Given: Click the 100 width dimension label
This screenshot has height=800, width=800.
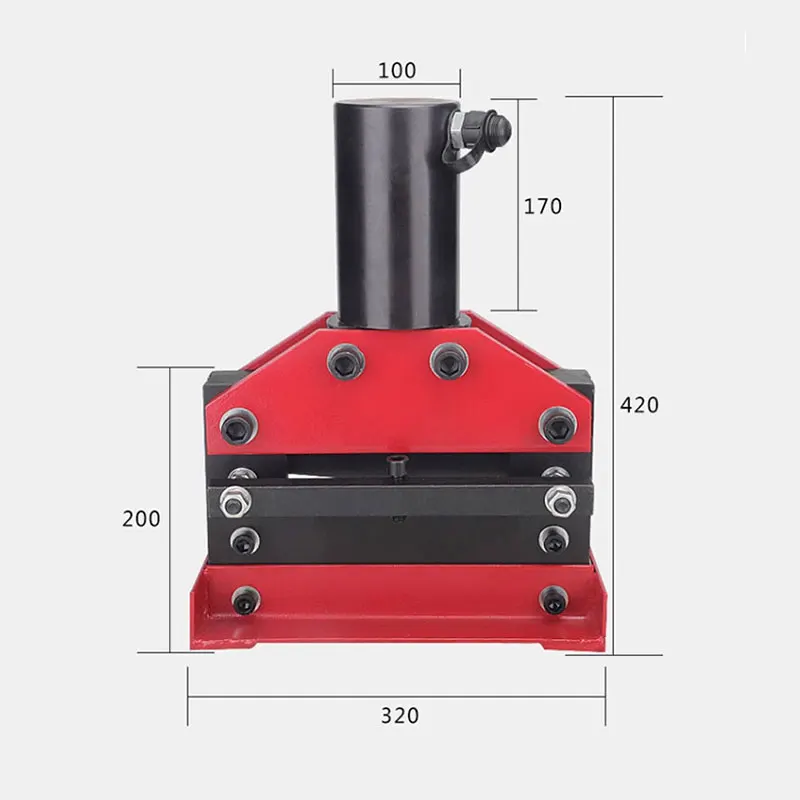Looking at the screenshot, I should tap(397, 71).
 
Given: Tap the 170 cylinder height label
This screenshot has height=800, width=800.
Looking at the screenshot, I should tap(543, 206).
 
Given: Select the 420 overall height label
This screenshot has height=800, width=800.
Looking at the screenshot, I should tap(640, 405).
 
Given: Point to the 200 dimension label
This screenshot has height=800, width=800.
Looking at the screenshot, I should tap(141, 519).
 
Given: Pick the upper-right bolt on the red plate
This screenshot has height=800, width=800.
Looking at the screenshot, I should tap(448, 360).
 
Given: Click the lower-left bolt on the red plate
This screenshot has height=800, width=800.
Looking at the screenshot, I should tap(237, 428).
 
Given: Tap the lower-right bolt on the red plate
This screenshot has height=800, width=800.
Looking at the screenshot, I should tap(557, 427).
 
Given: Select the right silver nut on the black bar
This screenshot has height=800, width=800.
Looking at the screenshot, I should tap(559, 500).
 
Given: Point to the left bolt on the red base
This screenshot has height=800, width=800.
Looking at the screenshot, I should tap(245, 601).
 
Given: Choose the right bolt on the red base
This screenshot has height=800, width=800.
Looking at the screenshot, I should tap(553, 600).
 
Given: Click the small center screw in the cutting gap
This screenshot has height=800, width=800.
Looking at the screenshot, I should tap(397, 466).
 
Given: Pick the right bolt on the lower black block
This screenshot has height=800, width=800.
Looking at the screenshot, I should tap(553, 540).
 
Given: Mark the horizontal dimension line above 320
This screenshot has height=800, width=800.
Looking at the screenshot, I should tap(397, 697).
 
